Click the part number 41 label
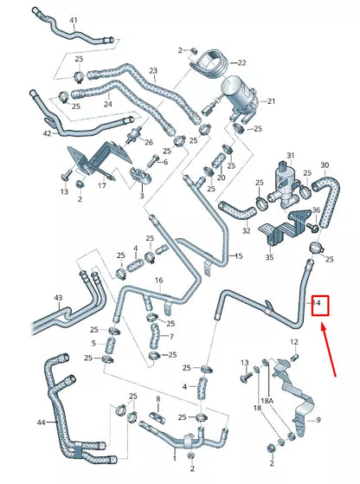pos(74,20)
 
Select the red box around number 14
pos(320,305)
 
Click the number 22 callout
pos(241,62)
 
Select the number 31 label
pos(291,155)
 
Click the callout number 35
pos(269,257)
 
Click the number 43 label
pos(58,299)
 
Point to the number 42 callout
pos(46,133)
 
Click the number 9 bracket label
pos(318,420)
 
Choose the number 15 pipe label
pos(238,256)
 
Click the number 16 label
pos(158,281)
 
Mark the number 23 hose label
pos(152,70)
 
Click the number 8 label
pos(158,399)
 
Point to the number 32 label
pos(247,231)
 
